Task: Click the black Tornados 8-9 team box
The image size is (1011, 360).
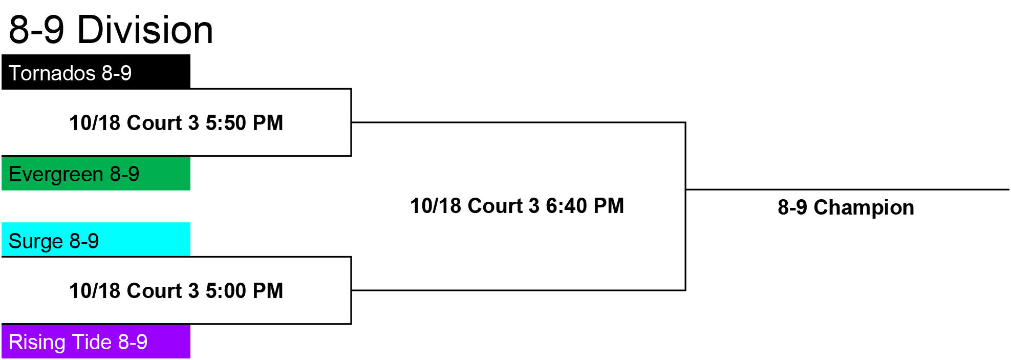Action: point(96,72)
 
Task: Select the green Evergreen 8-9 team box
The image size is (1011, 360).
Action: point(96,173)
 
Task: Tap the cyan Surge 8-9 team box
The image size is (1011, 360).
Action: point(96,240)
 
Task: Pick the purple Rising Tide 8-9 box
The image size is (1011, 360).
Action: point(96,341)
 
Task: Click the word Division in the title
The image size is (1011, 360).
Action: point(145,30)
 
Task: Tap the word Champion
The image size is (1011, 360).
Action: point(864,208)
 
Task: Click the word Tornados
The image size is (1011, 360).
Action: point(52,73)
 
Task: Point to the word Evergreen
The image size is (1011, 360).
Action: point(56,175)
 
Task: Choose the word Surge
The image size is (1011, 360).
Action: point(36,241)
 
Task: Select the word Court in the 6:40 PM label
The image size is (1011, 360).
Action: point(504,206)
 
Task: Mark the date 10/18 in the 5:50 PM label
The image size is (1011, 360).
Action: point(95,123)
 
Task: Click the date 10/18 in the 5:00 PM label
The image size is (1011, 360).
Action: point(95,291)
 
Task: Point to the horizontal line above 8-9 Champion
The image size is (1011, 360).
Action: point(847,189)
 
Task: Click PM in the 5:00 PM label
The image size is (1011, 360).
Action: point(268,291)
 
